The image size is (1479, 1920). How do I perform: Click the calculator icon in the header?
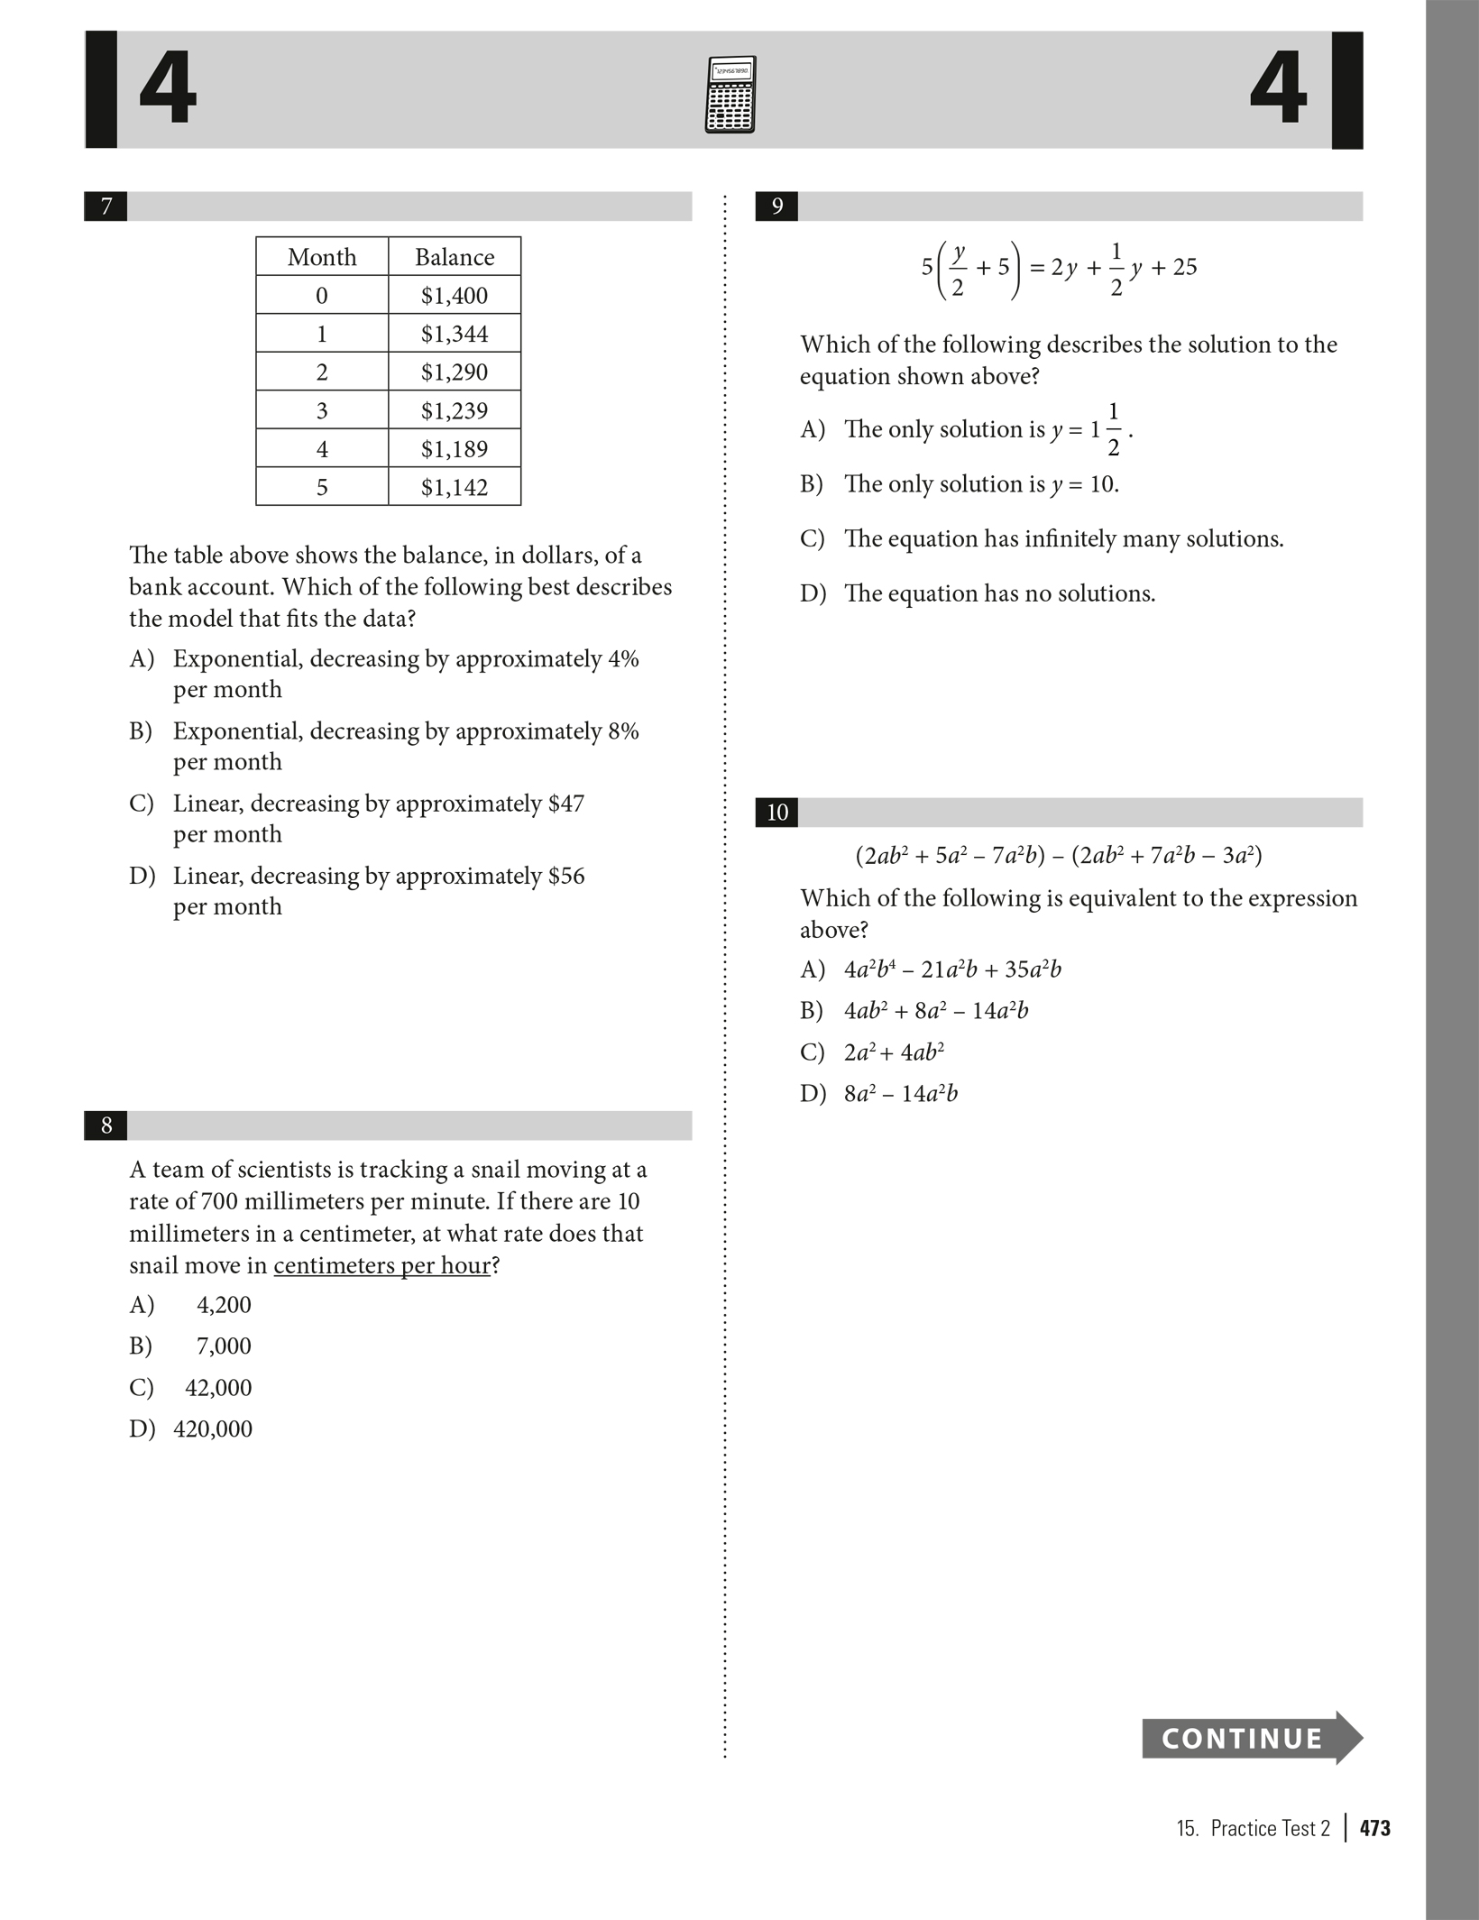click(x=730, y=95)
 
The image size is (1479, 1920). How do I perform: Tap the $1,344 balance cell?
click(x=455, y=334)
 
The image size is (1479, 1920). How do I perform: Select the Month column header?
click(x=322, y=257)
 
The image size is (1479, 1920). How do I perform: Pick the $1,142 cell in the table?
click(x=455, y=487)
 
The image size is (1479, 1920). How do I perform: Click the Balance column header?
click(x=455, y=257)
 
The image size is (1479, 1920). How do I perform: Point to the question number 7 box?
click(x=106, y=207)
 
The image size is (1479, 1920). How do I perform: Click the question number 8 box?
click(x=106, y=1125)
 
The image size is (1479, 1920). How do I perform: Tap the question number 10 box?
click(x=777, y=813)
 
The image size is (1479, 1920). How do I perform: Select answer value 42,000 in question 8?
click(x=218, y=1387)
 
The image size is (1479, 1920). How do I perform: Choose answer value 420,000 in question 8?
click(x=213, y=1429)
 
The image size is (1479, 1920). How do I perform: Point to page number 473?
click(x=1375, y=1828)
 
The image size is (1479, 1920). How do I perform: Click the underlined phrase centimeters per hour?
click(x=382, y=1265)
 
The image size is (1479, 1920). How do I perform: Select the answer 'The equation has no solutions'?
click(x=999, y=593)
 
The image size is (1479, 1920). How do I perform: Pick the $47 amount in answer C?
click(x=566, y=804)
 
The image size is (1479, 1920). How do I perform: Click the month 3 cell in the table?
click(x=322, y=410)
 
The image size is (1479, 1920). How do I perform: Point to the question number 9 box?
click(x=777, y=207)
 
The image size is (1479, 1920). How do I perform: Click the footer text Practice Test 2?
click(x=1270, y=1828)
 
